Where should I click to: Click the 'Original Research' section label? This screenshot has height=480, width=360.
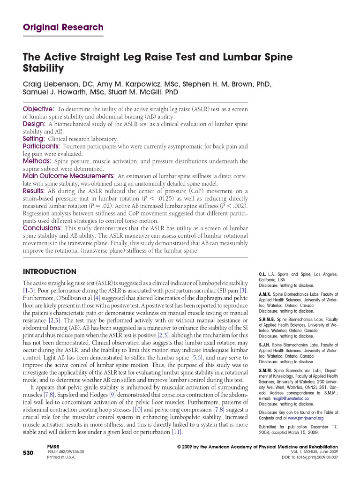coord(63,27)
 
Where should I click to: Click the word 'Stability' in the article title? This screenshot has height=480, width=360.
coord(43,68)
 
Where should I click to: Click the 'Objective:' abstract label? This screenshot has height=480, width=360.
coord(38,109)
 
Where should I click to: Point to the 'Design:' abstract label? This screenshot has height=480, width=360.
coord(34,124)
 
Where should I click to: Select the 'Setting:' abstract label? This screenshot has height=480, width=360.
coord(34,139)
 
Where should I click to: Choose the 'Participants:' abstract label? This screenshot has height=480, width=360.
coord(41,146)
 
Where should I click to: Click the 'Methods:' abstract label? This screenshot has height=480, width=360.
coord(37,161)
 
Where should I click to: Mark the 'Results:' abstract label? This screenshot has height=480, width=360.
coord(34,191)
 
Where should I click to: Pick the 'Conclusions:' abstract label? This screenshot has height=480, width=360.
coord(43,228)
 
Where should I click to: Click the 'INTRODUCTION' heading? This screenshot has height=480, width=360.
coord(49,271)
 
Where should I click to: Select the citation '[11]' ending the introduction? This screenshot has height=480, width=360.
coord(177,432)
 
